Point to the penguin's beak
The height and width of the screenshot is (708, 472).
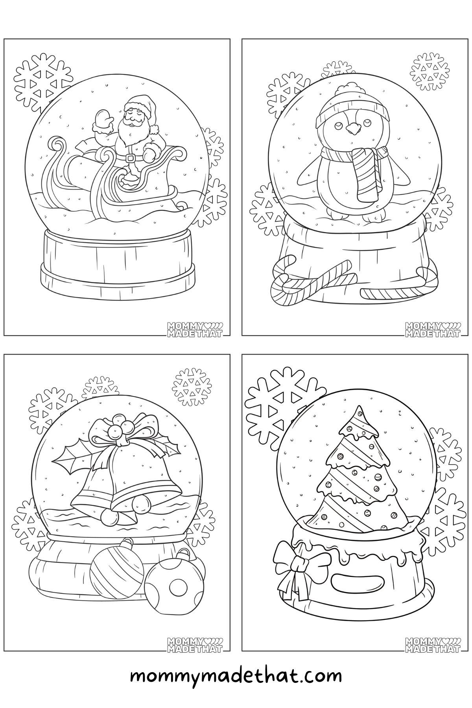coord(352,128)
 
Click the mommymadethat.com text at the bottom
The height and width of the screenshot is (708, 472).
coord(236,677)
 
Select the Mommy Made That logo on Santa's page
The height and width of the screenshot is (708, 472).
coord(195,329)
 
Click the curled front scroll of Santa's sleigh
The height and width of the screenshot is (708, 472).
coord(56,146)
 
